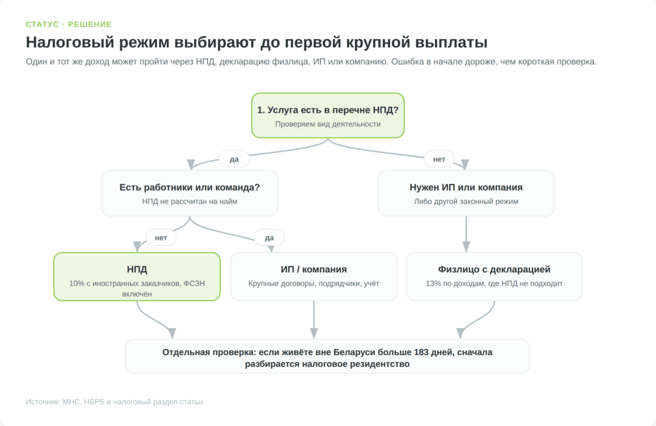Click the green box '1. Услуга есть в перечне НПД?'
328,115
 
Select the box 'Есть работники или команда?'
190,193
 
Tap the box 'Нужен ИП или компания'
466,193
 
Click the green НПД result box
137,277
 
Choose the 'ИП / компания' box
314,277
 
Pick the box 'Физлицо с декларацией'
494,277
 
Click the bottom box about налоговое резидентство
327,357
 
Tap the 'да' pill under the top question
234,159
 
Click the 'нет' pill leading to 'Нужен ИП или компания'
439,159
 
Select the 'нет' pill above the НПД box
161,238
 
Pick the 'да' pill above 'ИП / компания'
270,238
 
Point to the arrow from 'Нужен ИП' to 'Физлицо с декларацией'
466,234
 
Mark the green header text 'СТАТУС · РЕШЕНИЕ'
69,24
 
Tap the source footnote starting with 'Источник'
115,402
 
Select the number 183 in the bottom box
422,352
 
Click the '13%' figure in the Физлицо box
433,283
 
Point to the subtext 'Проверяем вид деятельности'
328,124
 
